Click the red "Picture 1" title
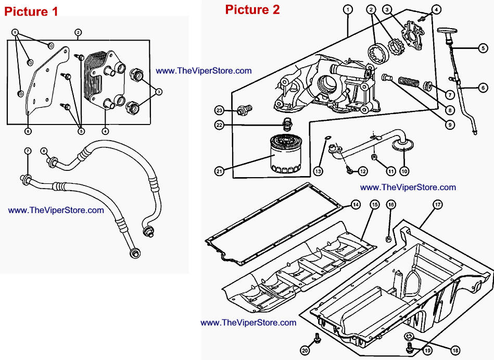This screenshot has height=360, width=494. pos(31,11)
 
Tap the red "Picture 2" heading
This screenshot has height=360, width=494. pos(252,9)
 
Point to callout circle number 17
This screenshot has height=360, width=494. pos(437,205)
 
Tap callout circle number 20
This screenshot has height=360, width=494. pos(305,350)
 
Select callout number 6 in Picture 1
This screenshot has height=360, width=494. pos(28,131)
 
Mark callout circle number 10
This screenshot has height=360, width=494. pos(404,170)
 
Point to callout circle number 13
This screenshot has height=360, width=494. pos(319,170)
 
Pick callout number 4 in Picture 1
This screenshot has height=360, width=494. pos(106,131)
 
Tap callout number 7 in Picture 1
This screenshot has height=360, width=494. pos(28,151)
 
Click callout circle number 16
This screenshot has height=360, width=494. pos(390,205)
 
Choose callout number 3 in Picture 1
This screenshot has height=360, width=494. pos(159,91)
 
